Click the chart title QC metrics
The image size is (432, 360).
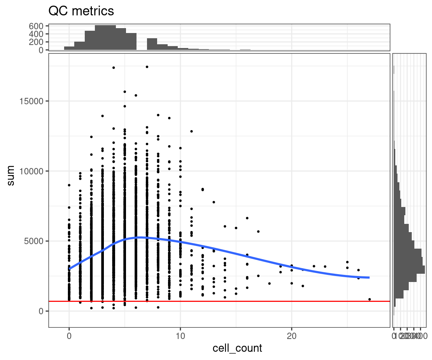click(81, 11)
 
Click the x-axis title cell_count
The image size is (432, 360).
click(237, 348)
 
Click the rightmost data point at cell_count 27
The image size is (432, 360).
click(369, 299)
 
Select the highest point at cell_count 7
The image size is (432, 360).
click(147, 67)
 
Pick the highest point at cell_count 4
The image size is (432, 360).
click(114, 67)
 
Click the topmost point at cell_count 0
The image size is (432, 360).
click(69, 185)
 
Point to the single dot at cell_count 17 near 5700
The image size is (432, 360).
click(258, 231)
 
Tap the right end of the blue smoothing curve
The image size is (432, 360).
click(369, 277)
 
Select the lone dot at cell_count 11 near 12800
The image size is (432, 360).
click(192, 131)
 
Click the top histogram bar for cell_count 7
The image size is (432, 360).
click(152, 44)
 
